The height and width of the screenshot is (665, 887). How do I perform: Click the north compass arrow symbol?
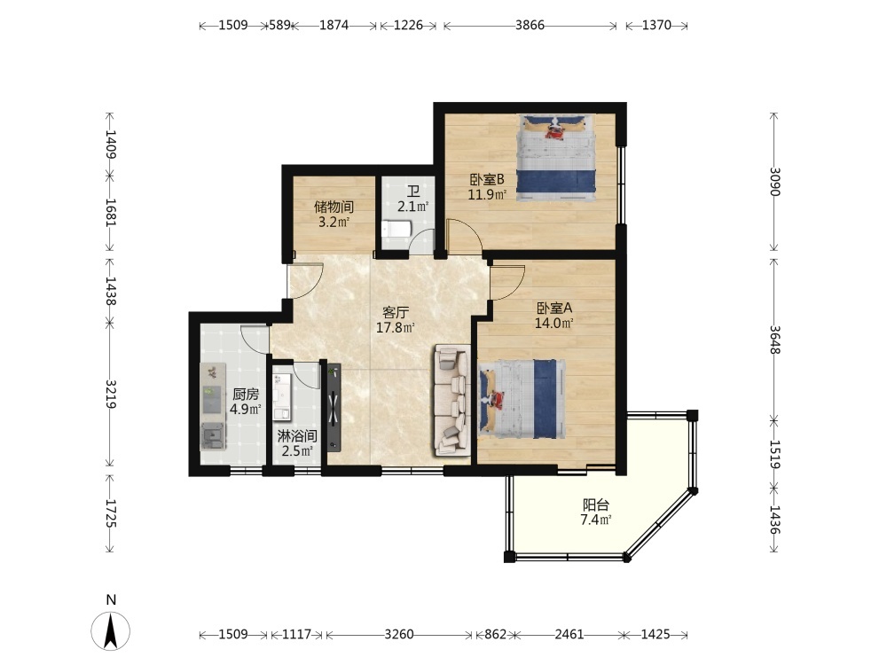[111, 630]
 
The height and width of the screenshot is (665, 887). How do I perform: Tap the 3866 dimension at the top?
[530, 25]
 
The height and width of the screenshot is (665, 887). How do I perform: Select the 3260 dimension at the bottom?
[399, 635]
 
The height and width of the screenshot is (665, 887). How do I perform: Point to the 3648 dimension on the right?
[774, 340]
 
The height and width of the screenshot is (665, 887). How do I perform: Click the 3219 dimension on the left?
[111, 395]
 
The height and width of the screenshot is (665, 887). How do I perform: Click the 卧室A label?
[554, 309]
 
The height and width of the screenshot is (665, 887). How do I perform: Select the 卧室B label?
[486, 180]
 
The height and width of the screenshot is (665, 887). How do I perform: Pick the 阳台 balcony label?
[596, 505]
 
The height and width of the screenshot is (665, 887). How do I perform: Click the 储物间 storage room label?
[334, 207]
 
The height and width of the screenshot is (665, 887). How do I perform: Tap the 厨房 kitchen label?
[246, 395]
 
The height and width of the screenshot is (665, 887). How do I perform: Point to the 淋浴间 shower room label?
[297, 436]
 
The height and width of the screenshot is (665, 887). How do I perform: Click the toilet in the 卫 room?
[396, 229]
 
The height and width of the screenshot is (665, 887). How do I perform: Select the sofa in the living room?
[452, 400]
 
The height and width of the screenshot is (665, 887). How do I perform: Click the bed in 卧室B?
[557, 158]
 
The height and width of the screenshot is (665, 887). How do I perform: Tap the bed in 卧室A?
[521, 399]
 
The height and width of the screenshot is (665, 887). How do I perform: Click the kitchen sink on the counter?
[214, 436]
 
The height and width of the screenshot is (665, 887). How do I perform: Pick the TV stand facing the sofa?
[334, 408]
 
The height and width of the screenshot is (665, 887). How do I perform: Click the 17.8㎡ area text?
[396, 327]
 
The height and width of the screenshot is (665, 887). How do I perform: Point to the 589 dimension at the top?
[279, 25]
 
